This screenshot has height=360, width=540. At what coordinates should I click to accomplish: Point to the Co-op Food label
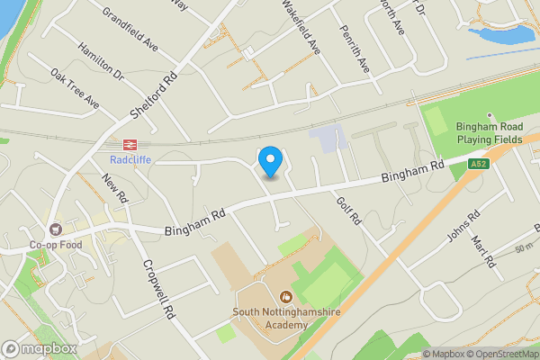55,245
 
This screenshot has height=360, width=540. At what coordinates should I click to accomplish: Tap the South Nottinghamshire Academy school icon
286,295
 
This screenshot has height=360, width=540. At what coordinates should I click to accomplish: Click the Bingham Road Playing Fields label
489,134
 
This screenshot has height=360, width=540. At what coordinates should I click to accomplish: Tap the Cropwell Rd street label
157,291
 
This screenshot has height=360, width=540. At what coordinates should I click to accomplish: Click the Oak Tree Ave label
75,90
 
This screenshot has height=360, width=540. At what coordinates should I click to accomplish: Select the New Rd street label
117,191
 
